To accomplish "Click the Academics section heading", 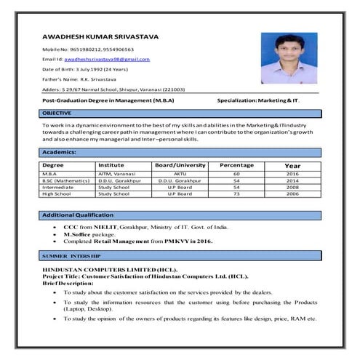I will click(59, 152).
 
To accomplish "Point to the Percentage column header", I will click(236, 165).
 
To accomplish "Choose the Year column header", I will click(292, 166).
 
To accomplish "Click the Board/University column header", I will click(180, 165).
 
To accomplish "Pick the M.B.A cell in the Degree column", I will click(50, 175).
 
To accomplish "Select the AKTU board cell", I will click(180, 175).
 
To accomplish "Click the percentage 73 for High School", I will click(236, 194).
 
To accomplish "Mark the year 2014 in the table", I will click(292, 181).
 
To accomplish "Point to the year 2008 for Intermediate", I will click(292, 188).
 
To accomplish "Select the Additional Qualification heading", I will click(78, 215).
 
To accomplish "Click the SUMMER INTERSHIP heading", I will click(71, 257).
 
